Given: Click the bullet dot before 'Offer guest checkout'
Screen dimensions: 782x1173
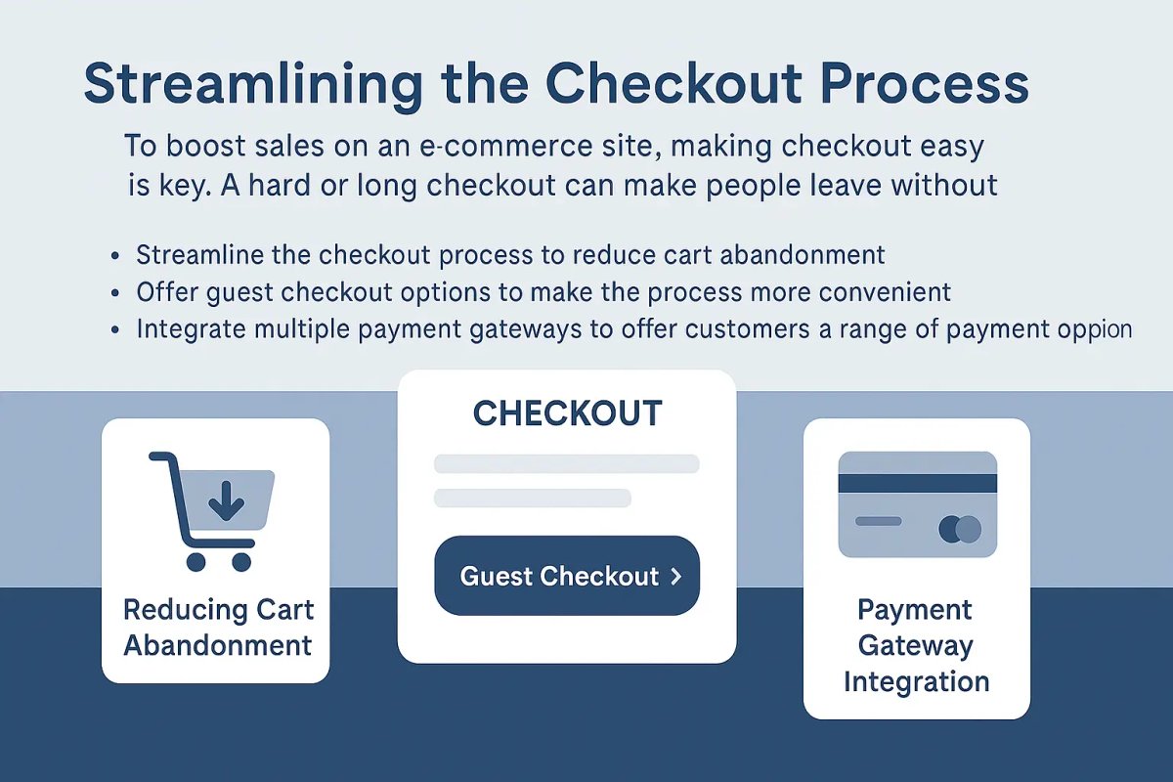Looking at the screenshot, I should [x=116, y=292].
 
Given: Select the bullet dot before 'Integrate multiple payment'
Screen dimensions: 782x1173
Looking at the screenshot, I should [x=116, y=329].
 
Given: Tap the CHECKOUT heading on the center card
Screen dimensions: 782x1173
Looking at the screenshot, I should [x=567, y=413].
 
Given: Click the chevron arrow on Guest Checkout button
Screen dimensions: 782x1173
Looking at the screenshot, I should [x=675, y=577].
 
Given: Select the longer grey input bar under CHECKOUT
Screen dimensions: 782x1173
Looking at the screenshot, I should [x=567, y=463].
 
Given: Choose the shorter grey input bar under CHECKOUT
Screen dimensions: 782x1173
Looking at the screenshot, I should [x=533, y=499].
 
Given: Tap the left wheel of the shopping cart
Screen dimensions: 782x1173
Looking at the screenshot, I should [x=195, y=561].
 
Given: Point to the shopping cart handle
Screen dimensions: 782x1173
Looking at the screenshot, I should [x=162, y=459].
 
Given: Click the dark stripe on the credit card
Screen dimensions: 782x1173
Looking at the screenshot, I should [x=917, y=483].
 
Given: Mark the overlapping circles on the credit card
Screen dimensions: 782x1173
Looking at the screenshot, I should [x=959, y=530].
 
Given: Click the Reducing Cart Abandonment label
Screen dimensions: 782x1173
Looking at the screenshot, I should [x=218, y=628].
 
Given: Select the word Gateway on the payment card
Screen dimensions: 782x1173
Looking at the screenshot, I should [x=916, y=645].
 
